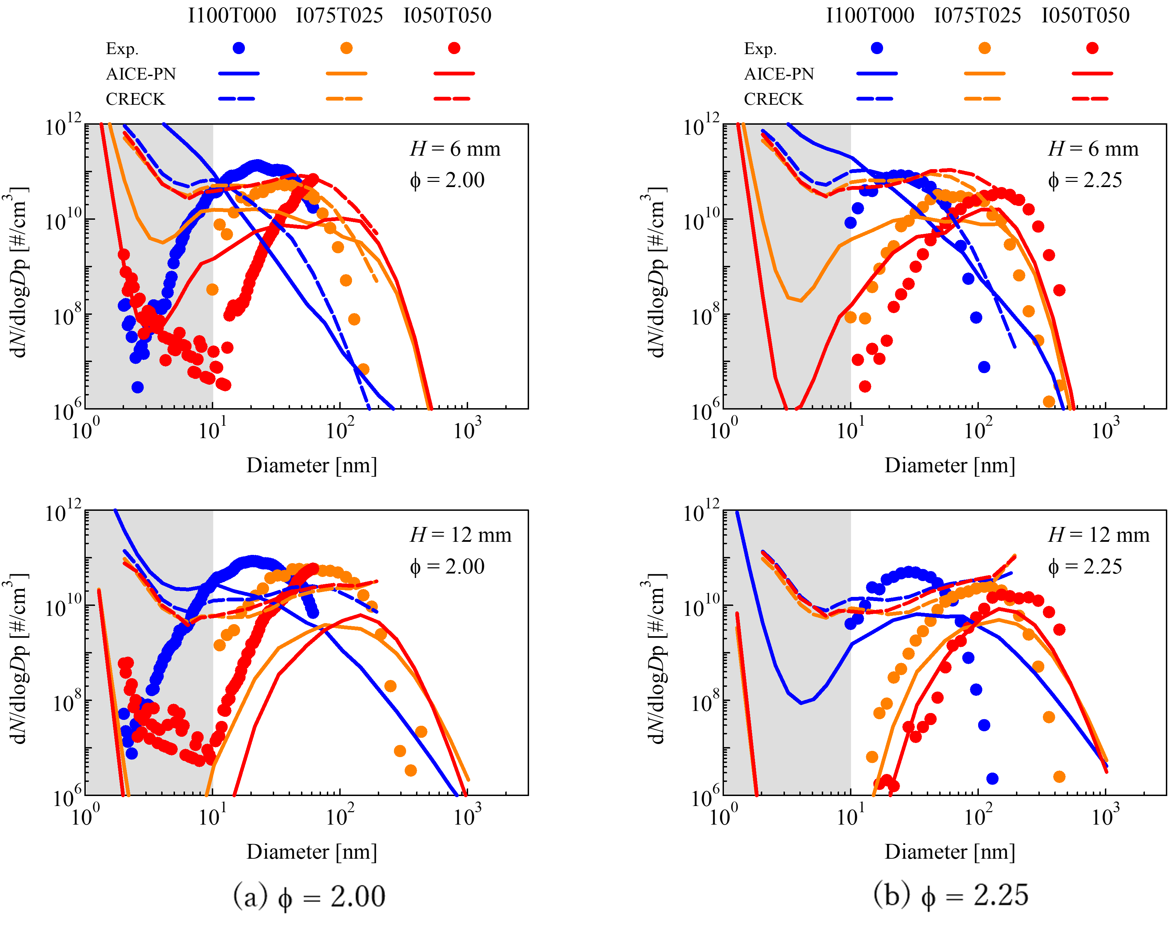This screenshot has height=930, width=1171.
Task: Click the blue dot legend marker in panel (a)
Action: tap(239, 48)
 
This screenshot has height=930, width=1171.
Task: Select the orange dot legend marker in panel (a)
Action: tap(346, 48)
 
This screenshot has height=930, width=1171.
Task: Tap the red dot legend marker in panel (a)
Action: tap(455, 48)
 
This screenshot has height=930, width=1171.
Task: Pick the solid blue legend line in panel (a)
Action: tap(239, 73)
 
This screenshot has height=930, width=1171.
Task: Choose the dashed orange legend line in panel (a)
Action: tap(344, 99)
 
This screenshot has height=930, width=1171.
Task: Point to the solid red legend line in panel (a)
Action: tap(455, 73)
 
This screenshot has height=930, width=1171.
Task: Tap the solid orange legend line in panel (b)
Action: tap(984, 73)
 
